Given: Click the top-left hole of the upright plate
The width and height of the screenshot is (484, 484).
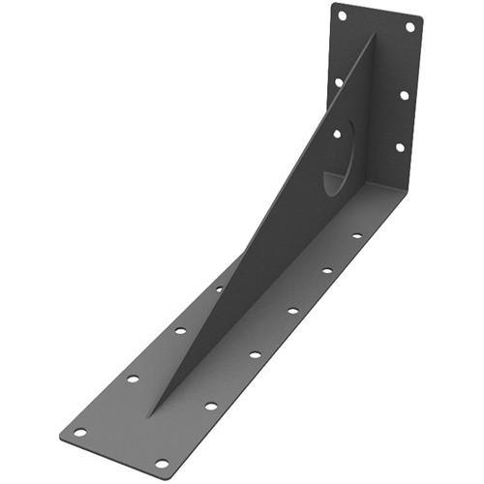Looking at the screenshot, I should click(342, 15).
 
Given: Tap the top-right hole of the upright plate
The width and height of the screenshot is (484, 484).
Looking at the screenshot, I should click(409, 27).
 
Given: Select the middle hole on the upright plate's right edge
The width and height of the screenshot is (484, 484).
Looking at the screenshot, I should click(405, 95).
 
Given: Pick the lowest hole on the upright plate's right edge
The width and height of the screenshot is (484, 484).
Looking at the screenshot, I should click(399, 147).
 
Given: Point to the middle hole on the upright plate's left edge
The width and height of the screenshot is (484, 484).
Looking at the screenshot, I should click(339, 82).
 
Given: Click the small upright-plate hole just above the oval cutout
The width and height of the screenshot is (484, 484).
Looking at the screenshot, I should click(336, 134).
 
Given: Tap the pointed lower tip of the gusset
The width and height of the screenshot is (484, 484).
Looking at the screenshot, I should click(149, 415).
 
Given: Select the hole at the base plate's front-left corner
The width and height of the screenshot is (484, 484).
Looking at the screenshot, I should click(80, 433).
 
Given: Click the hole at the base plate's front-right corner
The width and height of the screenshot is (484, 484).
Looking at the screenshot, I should click(162, 463).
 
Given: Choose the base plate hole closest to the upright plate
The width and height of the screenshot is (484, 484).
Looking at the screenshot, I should click(356, 235).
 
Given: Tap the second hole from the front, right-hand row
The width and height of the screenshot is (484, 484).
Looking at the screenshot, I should click(211, 406).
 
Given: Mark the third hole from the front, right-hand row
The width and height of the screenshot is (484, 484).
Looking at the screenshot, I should click(256, 354).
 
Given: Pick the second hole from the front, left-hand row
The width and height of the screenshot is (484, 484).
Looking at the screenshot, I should click(133, 378).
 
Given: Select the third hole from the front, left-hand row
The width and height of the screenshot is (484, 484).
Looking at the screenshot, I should click(180, 331).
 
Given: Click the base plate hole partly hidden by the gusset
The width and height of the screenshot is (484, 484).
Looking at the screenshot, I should click(219, 288).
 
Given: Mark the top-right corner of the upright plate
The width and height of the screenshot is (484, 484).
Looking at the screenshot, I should click(421, 19).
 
